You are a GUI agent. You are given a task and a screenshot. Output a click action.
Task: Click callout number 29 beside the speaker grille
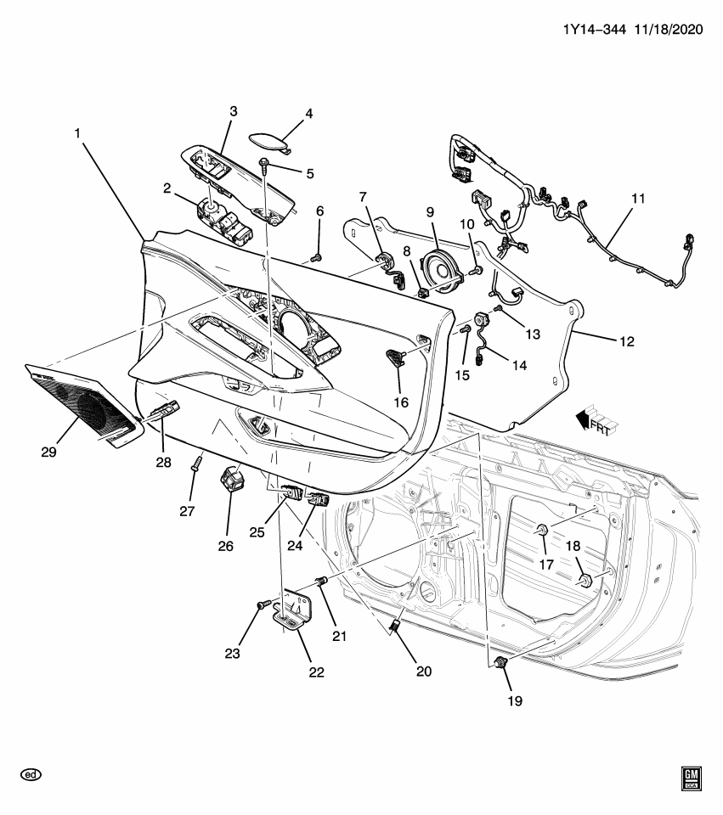[x=48, y=452]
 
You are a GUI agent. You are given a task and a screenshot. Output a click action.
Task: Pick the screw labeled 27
[x=195, y=464]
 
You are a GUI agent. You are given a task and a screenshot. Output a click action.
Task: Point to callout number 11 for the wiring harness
[x=638, y=199]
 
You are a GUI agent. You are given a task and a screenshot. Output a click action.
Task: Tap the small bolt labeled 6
[x=317, y=256]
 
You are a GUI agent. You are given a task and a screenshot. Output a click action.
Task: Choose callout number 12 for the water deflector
[x=626, y=342]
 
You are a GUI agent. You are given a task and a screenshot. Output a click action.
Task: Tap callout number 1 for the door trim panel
[x=77, y=133]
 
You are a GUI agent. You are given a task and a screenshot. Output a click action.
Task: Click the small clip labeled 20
[x=396, y=627]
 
